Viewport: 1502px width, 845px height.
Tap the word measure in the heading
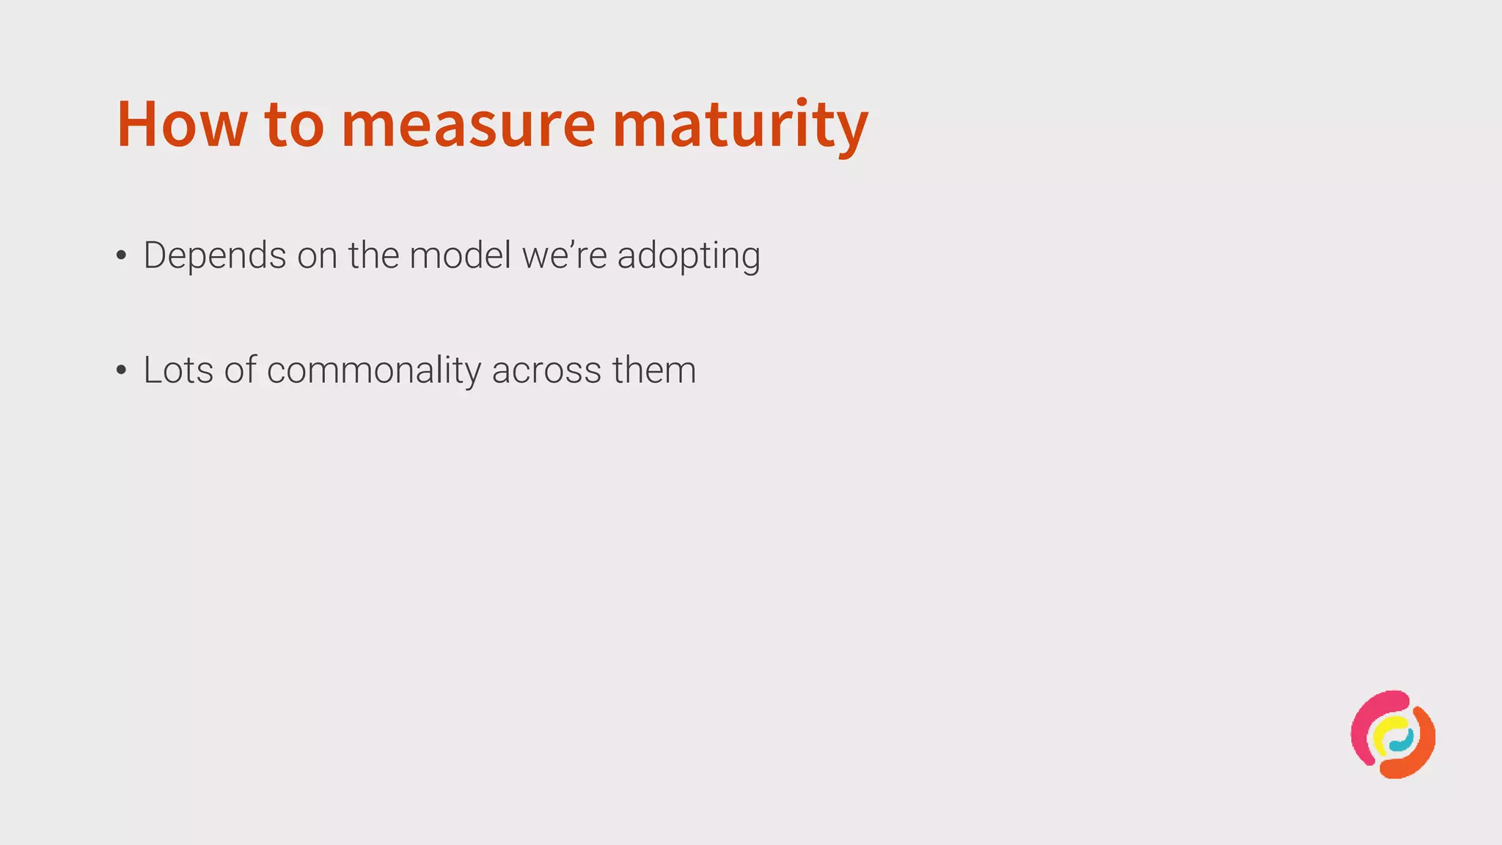pos(468,124)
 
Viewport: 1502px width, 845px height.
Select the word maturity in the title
pos(740,124)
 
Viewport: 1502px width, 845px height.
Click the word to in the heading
pos(294,124)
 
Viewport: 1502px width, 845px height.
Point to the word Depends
pos(215,256)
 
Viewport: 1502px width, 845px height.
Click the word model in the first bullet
pos(460,256)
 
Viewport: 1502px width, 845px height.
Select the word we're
pos(564,256)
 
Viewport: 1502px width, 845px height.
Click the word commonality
pos(374,370)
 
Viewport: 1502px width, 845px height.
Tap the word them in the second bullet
pos(654,370)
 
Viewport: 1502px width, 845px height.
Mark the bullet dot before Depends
pos(121,256)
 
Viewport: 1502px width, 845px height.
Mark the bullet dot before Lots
pos(121,370)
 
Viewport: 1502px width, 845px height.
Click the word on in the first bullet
pos(318,256)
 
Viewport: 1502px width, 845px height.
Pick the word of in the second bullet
pos(241,370)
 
